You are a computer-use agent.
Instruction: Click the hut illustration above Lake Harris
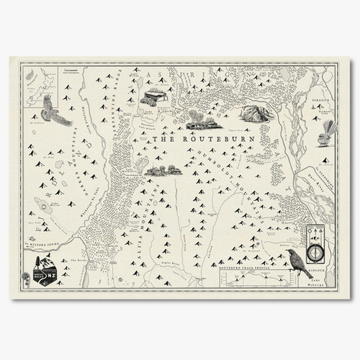(x=156, y=97)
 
